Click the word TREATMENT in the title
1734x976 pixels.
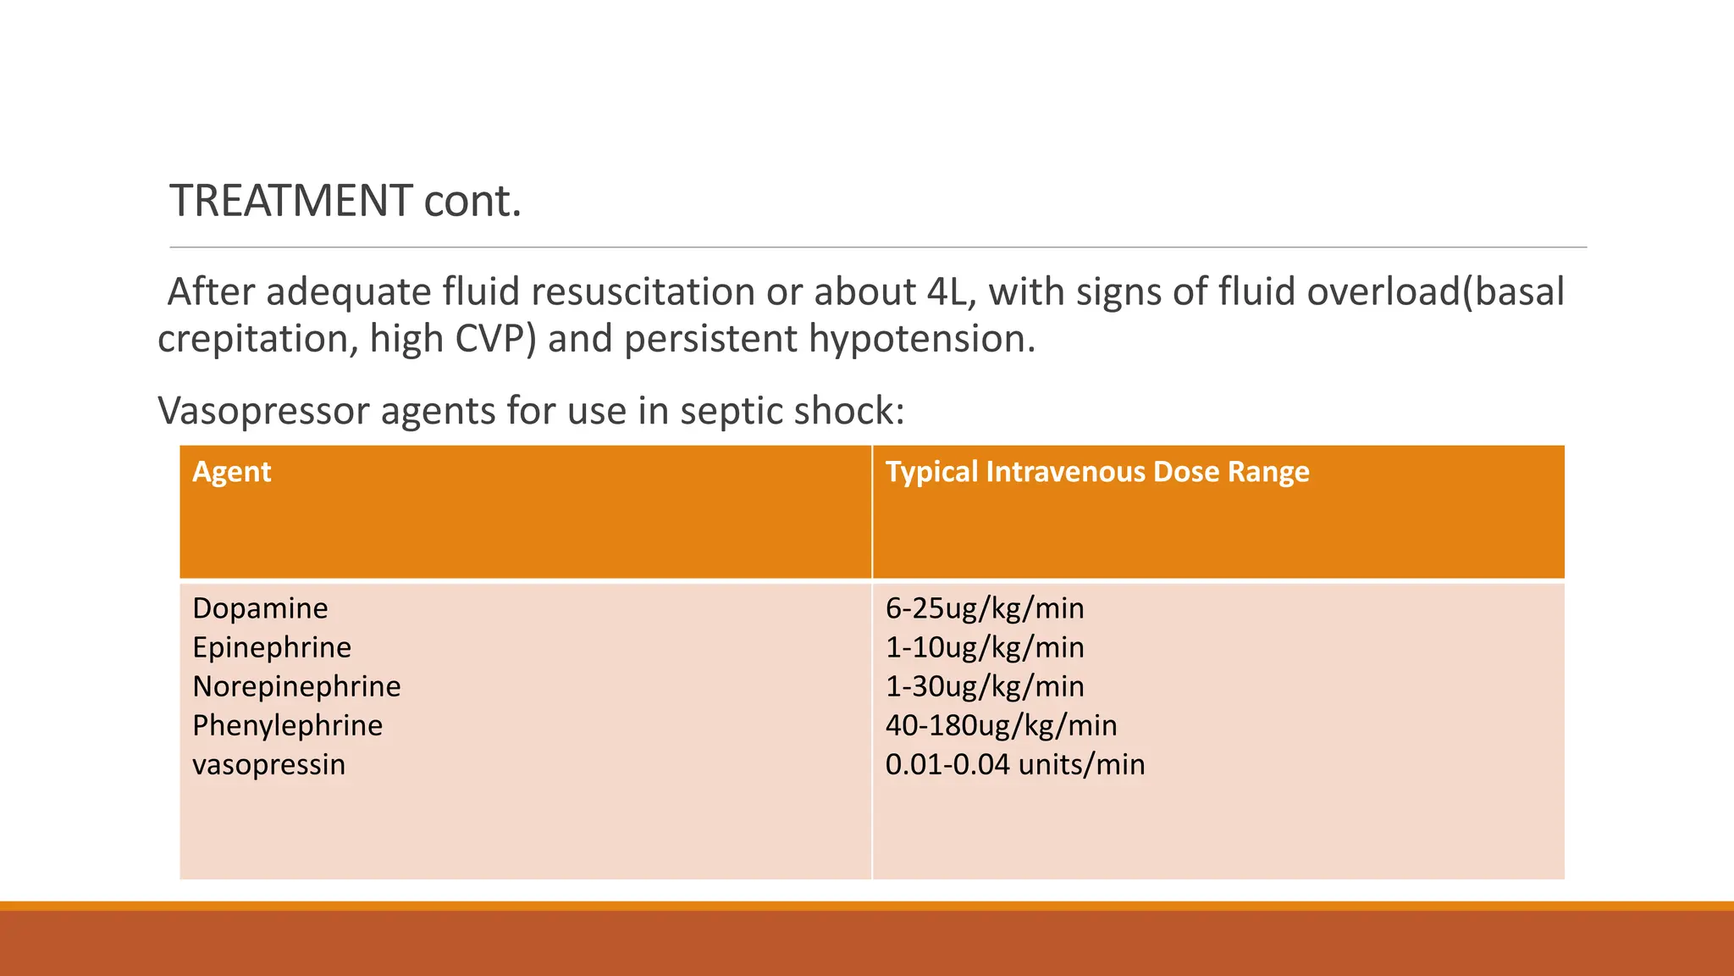pos(291,201)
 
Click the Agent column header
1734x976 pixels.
pos(231,471)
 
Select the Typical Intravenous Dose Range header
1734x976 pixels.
pos(1096,471)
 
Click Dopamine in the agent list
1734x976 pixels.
pos(260,608)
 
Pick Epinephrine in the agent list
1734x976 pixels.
pos(271,647)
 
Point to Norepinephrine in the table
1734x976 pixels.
pos(296,686)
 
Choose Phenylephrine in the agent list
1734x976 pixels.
pos(287,725)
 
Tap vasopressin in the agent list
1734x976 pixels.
pos(268,764)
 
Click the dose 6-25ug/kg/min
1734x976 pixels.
pos(984,608)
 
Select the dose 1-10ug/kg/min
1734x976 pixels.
pos(984,647)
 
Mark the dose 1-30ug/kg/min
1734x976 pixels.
pos(984,686)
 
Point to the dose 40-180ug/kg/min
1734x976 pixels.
pos(1001,725)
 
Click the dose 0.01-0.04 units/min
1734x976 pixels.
pos(1014,764)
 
